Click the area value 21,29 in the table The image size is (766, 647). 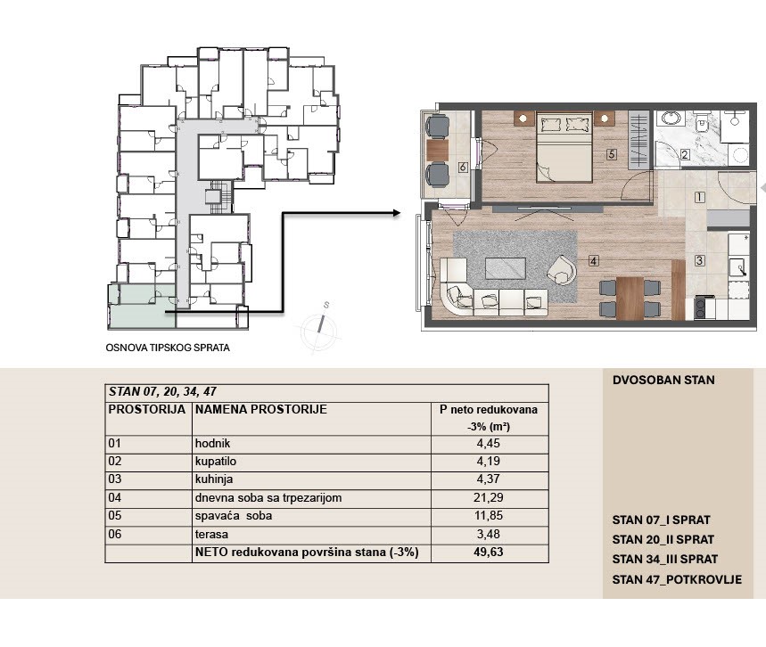pyautogui.click(x=488, y=497)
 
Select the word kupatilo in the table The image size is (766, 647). pyautogui.click(x=216, y=462)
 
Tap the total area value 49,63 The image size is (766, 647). pyautogui.click(x=488, y=552)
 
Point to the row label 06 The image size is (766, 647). pyautogui.click(x=115, y=534)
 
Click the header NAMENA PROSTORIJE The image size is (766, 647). pyautogui.click(x=261, y=409)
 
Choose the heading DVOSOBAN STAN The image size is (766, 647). pyautogui.click(x=663, y=380)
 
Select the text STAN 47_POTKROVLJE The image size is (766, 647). pyautogui.click(x=677, y=579)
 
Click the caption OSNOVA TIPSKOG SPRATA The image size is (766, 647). pyautogui.click(x=168, y=348)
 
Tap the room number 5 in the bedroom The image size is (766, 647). pyautogui.click(x=611, y=154)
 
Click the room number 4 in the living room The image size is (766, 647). pyautogui.click(x=593, y=261)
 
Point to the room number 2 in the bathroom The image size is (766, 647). pyautogui.click(x=685, y=155)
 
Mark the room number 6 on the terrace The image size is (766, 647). pyautogui.click(x=463, y=168)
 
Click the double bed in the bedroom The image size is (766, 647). pyautogui.click(x=564, y=147)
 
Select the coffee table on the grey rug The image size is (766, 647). pyautogui.click(x=505, y=268)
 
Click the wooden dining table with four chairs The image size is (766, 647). pyautogui.click(x=630, y=298)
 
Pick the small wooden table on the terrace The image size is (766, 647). pyautogui.click(x=437, y=150)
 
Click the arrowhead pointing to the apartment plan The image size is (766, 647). pyautogui.click(x=396, y=213)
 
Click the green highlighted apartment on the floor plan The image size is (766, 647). pyautogui.click(x=142, y=307)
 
